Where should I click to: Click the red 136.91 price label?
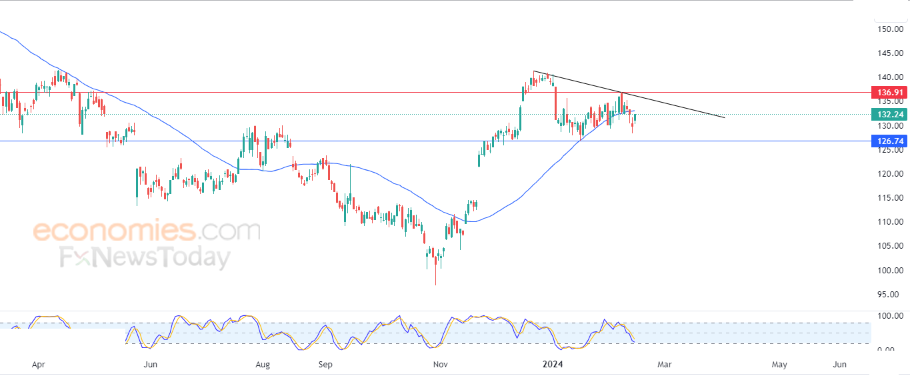[889, 92]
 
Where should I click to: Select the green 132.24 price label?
[889, 114]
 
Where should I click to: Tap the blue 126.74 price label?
[889, 141]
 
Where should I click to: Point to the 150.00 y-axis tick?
[891, 29]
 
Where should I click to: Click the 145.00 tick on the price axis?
[891, 53]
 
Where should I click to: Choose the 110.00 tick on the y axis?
[891, 221]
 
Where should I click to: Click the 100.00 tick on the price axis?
[891, 270]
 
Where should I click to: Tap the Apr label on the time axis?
[38, 365]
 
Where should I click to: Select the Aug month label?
[263, 365]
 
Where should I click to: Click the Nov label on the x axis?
[441, 365]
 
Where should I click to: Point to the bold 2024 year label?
[553, 364]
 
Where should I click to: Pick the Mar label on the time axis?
[665, 365]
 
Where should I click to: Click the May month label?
[779, 365]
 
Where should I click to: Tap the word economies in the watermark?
[115, 231]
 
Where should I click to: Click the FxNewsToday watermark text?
[145, 257]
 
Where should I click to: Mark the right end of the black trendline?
[725, 118]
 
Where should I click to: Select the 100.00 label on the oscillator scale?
[891, 316]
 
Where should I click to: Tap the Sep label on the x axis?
[325, 365]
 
